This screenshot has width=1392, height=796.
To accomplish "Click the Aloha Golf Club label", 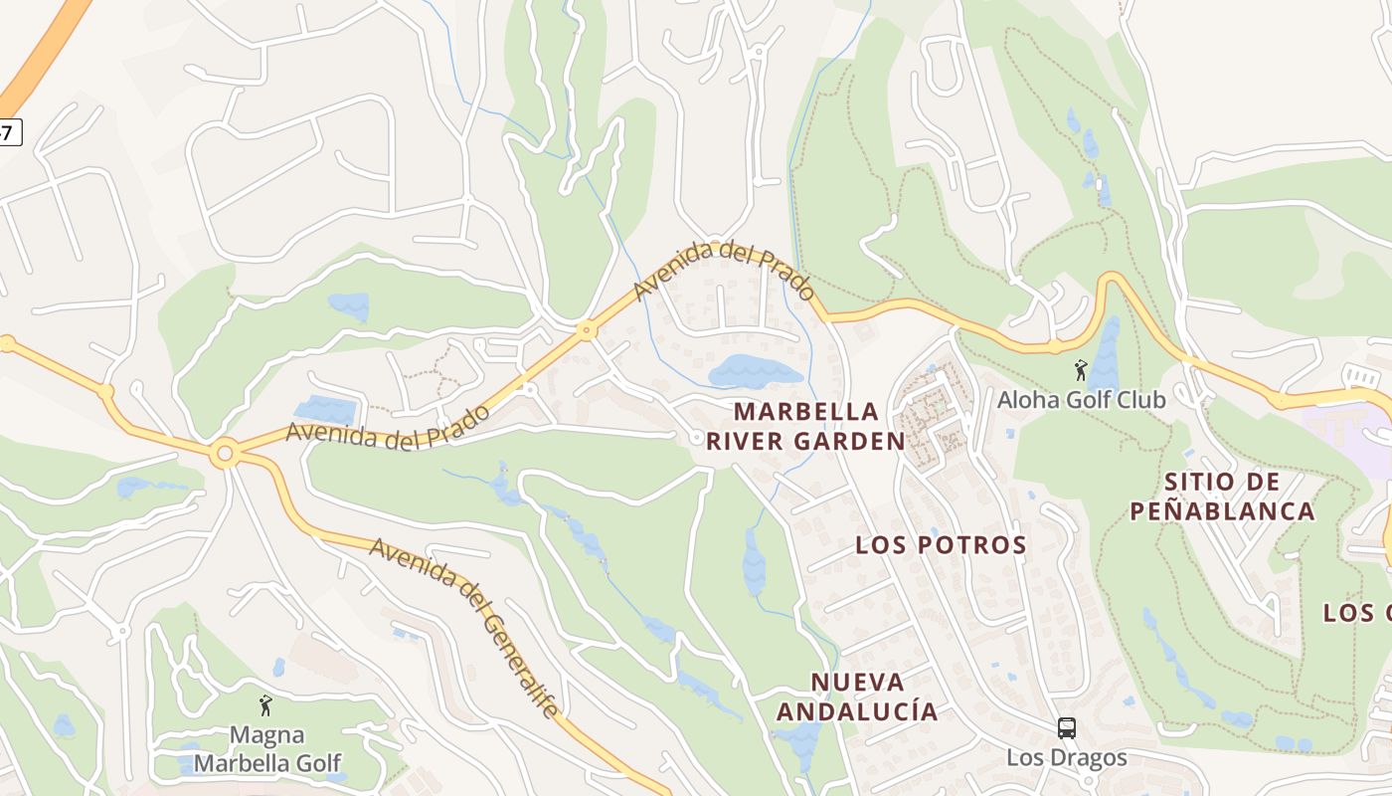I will (x=1081, y=399).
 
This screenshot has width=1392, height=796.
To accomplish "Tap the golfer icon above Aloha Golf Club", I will (x=1081, y=371).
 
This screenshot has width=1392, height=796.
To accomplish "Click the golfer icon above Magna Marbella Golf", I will (x=264, y=705).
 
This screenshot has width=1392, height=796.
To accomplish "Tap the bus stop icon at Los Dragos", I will (x=1067, y=728).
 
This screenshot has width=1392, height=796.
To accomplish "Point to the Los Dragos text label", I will (x=1067, y=757).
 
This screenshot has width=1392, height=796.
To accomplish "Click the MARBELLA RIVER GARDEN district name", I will (x=805, y=426).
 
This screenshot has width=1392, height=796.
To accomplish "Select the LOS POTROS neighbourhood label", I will (x=941, y=545).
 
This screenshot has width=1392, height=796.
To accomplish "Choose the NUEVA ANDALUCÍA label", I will (x=857, y=696).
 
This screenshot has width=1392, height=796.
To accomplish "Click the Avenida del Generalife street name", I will (x=465, y=627).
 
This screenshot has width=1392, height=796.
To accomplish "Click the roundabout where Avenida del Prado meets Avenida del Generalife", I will (x=226, y=455).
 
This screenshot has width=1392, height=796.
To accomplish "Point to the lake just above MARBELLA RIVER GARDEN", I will (x=754, y=371).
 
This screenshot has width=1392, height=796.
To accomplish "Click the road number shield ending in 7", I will (x=8, y=132).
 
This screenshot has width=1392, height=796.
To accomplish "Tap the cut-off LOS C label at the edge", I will (x=1358, y=612).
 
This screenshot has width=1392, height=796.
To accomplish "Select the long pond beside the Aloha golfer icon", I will (x=1106, y=353).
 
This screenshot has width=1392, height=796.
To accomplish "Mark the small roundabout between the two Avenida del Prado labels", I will (x=587, y=329).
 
